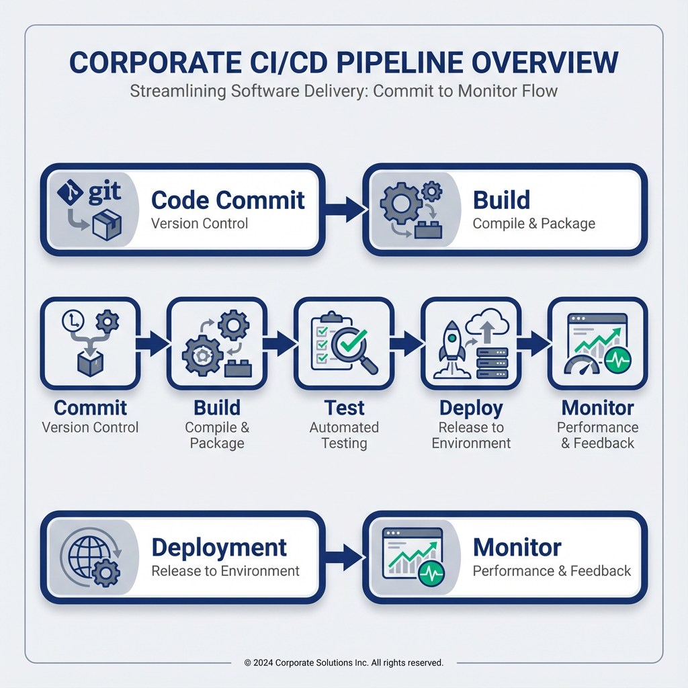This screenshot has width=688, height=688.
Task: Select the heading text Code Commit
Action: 228,200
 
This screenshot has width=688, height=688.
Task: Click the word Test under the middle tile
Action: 344,408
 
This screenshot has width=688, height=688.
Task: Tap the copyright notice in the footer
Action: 343,662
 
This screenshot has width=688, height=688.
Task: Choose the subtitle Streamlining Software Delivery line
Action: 343,90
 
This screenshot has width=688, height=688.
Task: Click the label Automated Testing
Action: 344,435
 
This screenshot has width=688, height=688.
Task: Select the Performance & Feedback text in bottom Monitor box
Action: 552,571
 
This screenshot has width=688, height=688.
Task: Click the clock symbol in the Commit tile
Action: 71,321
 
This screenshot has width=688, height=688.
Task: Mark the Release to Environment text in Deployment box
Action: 225,571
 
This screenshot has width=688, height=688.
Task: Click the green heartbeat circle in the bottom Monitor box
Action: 430,575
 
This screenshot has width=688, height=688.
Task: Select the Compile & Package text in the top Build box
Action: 533,223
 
